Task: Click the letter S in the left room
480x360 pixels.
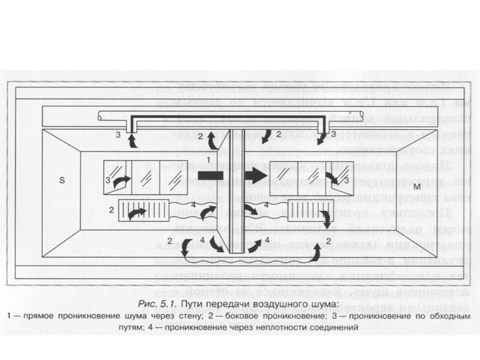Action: (x=61, y=179)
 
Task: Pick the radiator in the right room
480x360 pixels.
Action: (x=305, y=212)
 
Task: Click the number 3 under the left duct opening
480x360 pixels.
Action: (x=118, y=134)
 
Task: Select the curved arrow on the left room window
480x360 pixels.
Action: (x=121, y=180)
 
